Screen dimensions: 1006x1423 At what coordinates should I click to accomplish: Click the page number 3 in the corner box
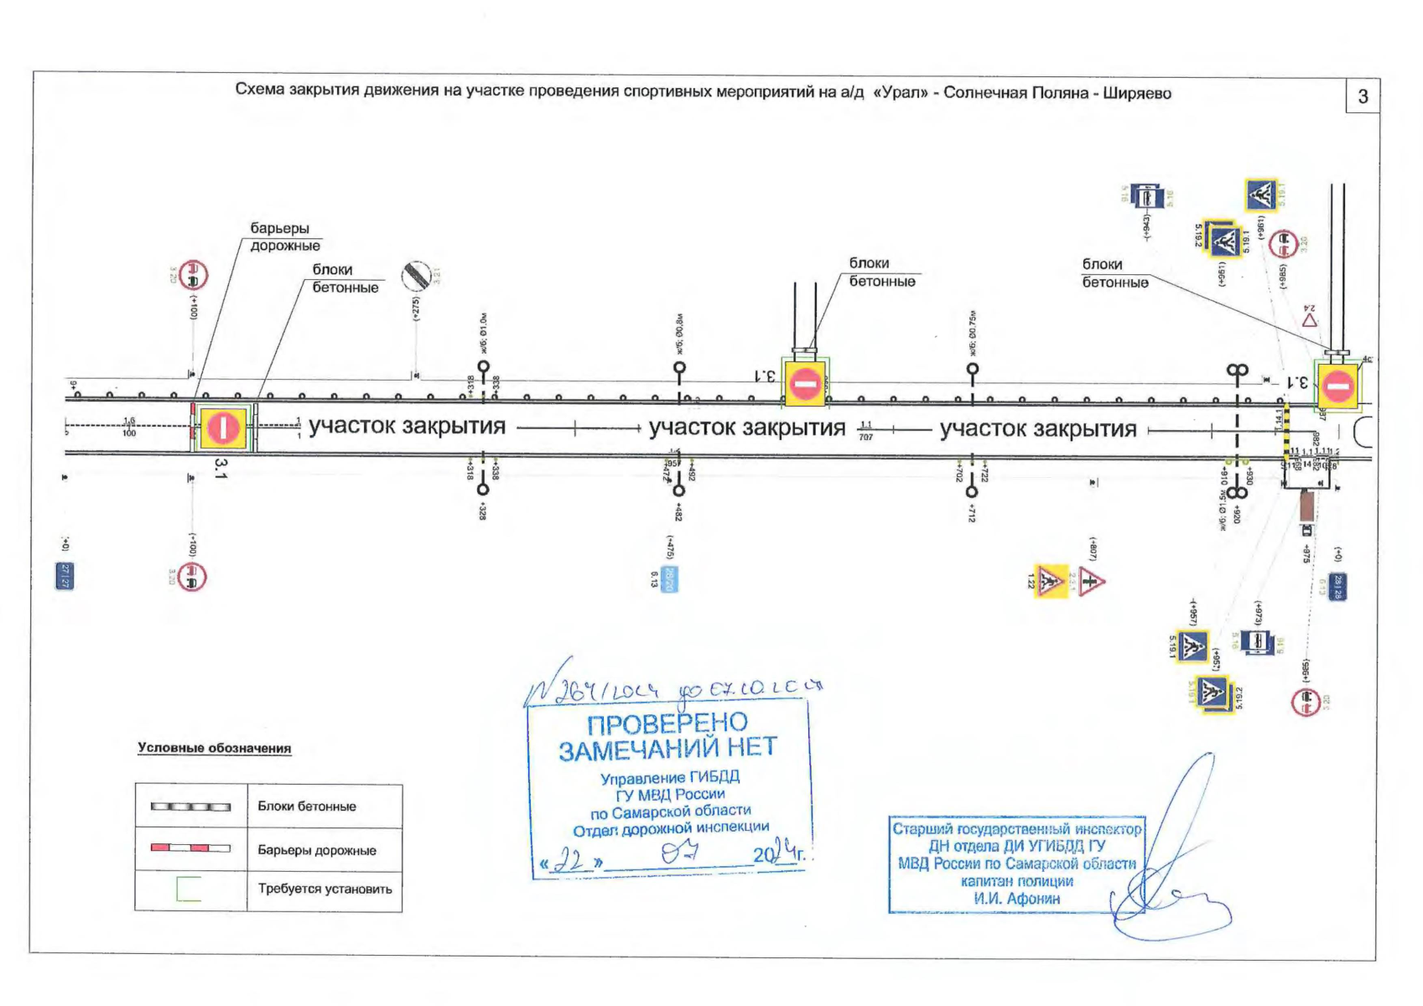pos(1363,97)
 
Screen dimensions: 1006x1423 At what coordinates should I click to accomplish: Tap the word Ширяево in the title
pos(1136,93)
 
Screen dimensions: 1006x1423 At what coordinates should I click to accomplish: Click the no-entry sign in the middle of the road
pos(223,428)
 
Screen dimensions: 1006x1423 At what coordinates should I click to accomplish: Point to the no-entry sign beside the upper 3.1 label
pos(804,384)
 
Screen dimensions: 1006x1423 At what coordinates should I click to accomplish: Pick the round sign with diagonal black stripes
pos(417,274)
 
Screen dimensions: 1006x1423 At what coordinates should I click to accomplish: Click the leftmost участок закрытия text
pos(407,427)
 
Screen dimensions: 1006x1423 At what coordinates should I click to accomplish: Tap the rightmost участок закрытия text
pos(1037,429)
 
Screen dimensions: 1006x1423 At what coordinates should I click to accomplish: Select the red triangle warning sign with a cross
pos(1090,581)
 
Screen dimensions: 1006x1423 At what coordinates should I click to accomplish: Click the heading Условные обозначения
pos(215,748)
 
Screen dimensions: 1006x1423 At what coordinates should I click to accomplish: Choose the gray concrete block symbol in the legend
pos(190,806)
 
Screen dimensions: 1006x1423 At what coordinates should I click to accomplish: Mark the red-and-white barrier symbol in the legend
pos(190,848)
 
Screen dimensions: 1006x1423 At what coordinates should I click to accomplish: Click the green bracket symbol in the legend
pos(189,889)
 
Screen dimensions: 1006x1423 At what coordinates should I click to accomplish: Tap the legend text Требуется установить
pos(325,889)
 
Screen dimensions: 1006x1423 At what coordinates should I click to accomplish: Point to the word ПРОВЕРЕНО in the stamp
pos(667,723)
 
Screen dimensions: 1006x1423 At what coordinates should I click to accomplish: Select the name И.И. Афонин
pos(1016,899)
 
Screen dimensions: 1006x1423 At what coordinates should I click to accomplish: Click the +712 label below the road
pos(972,513)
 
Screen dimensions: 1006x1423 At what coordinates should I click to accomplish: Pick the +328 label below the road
pos(482,511)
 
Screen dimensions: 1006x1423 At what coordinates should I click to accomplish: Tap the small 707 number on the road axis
pos(865,437)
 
